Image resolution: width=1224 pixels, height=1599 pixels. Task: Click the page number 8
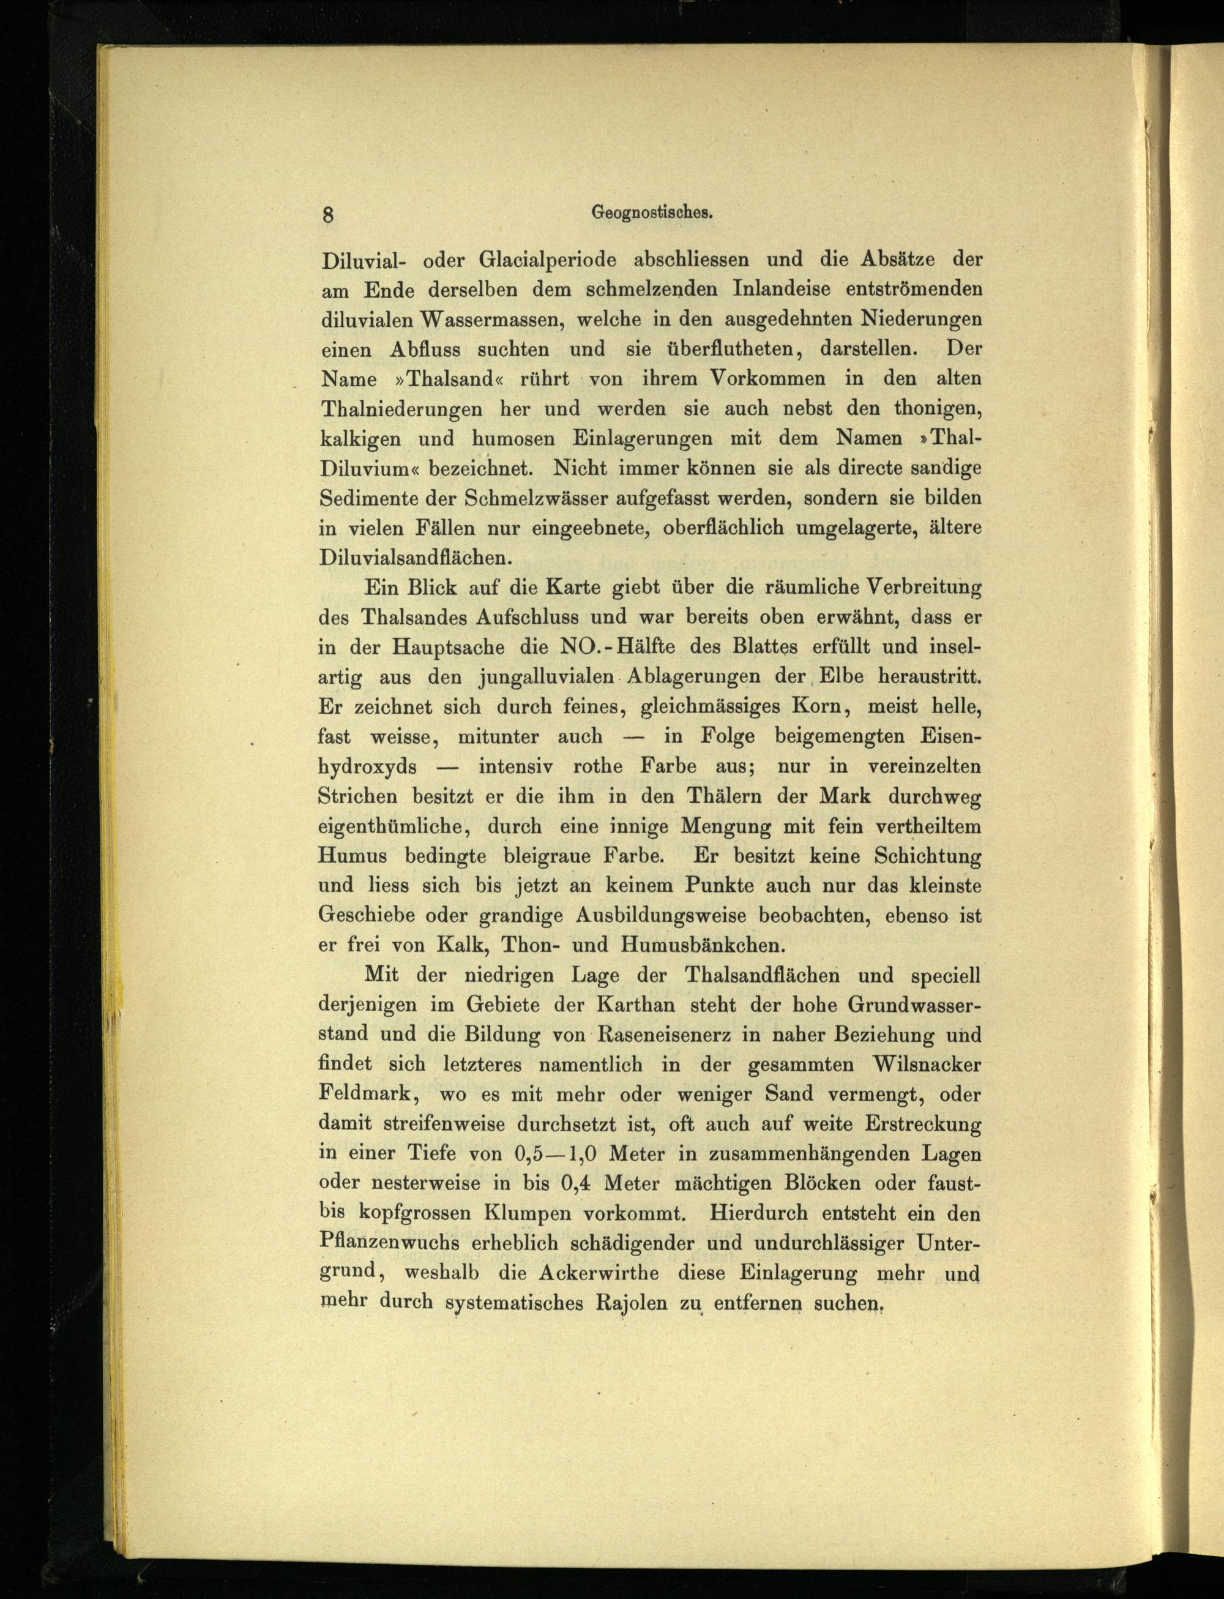(x=328, y=215)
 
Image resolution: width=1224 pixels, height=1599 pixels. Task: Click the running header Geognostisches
(x=651, y=213)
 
